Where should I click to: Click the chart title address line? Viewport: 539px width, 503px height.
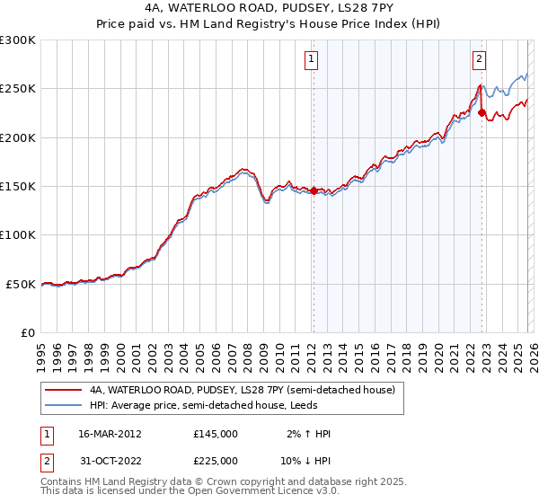(x=269, y=8)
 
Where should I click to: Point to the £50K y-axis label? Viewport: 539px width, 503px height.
(x=21, y=284)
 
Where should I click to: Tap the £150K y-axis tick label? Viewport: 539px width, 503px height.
(x=18, y=186)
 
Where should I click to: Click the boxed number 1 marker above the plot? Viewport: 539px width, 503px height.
(x=312, y=60)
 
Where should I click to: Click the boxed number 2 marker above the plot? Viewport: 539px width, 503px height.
(x=480, y=60)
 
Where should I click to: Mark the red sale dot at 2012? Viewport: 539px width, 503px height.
(x=314, y=190)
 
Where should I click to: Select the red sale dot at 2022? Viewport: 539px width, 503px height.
(x=482, y=113)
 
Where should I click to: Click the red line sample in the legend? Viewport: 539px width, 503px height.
(x=64, y=390)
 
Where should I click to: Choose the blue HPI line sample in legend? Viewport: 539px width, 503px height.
(x=64, y=405)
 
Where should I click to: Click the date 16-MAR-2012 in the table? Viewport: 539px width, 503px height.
(x=111, y=434)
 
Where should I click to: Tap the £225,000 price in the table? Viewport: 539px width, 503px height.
(x=216, y=460)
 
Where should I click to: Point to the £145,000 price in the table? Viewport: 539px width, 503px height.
(x=216, y=434)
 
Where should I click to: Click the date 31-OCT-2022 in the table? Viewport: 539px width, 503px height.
(x=110, y=460)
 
